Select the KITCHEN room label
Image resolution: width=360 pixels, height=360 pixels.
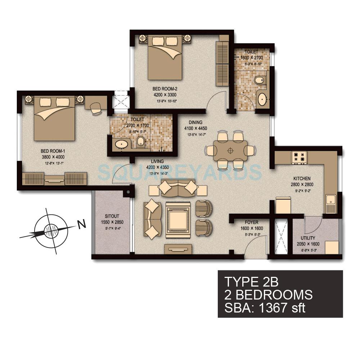pos(302,179)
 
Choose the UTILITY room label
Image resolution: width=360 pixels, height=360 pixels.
pos(308,238)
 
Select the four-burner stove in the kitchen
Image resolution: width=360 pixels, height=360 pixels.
pos(299,157)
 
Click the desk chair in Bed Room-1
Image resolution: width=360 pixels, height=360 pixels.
pos(95,108)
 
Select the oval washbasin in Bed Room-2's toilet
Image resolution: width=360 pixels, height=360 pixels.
pos(262,98)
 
